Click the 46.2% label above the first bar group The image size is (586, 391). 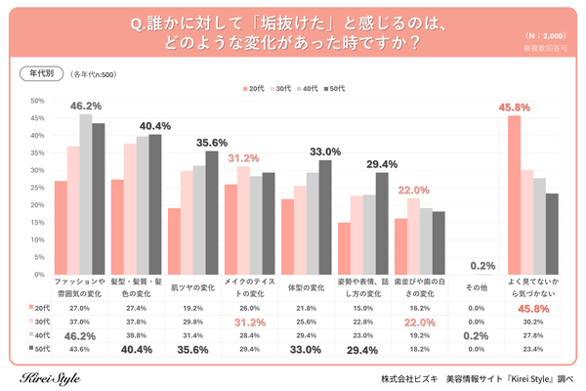[x=84, y=106]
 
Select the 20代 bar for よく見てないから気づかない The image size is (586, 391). [x=515, y=185]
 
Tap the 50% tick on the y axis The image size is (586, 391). [x=36, y=101]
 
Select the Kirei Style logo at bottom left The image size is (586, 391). [x=54, y=377]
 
